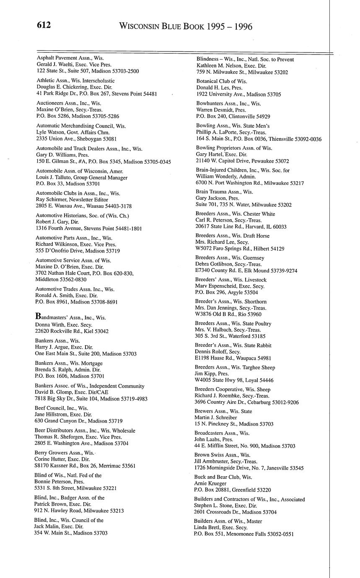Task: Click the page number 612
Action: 44,26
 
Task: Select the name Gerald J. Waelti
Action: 54,65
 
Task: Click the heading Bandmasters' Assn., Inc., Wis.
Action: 70,317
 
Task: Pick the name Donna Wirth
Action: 49,325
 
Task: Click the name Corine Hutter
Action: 49,459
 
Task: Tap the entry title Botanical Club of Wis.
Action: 222,81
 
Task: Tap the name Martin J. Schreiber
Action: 216,418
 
